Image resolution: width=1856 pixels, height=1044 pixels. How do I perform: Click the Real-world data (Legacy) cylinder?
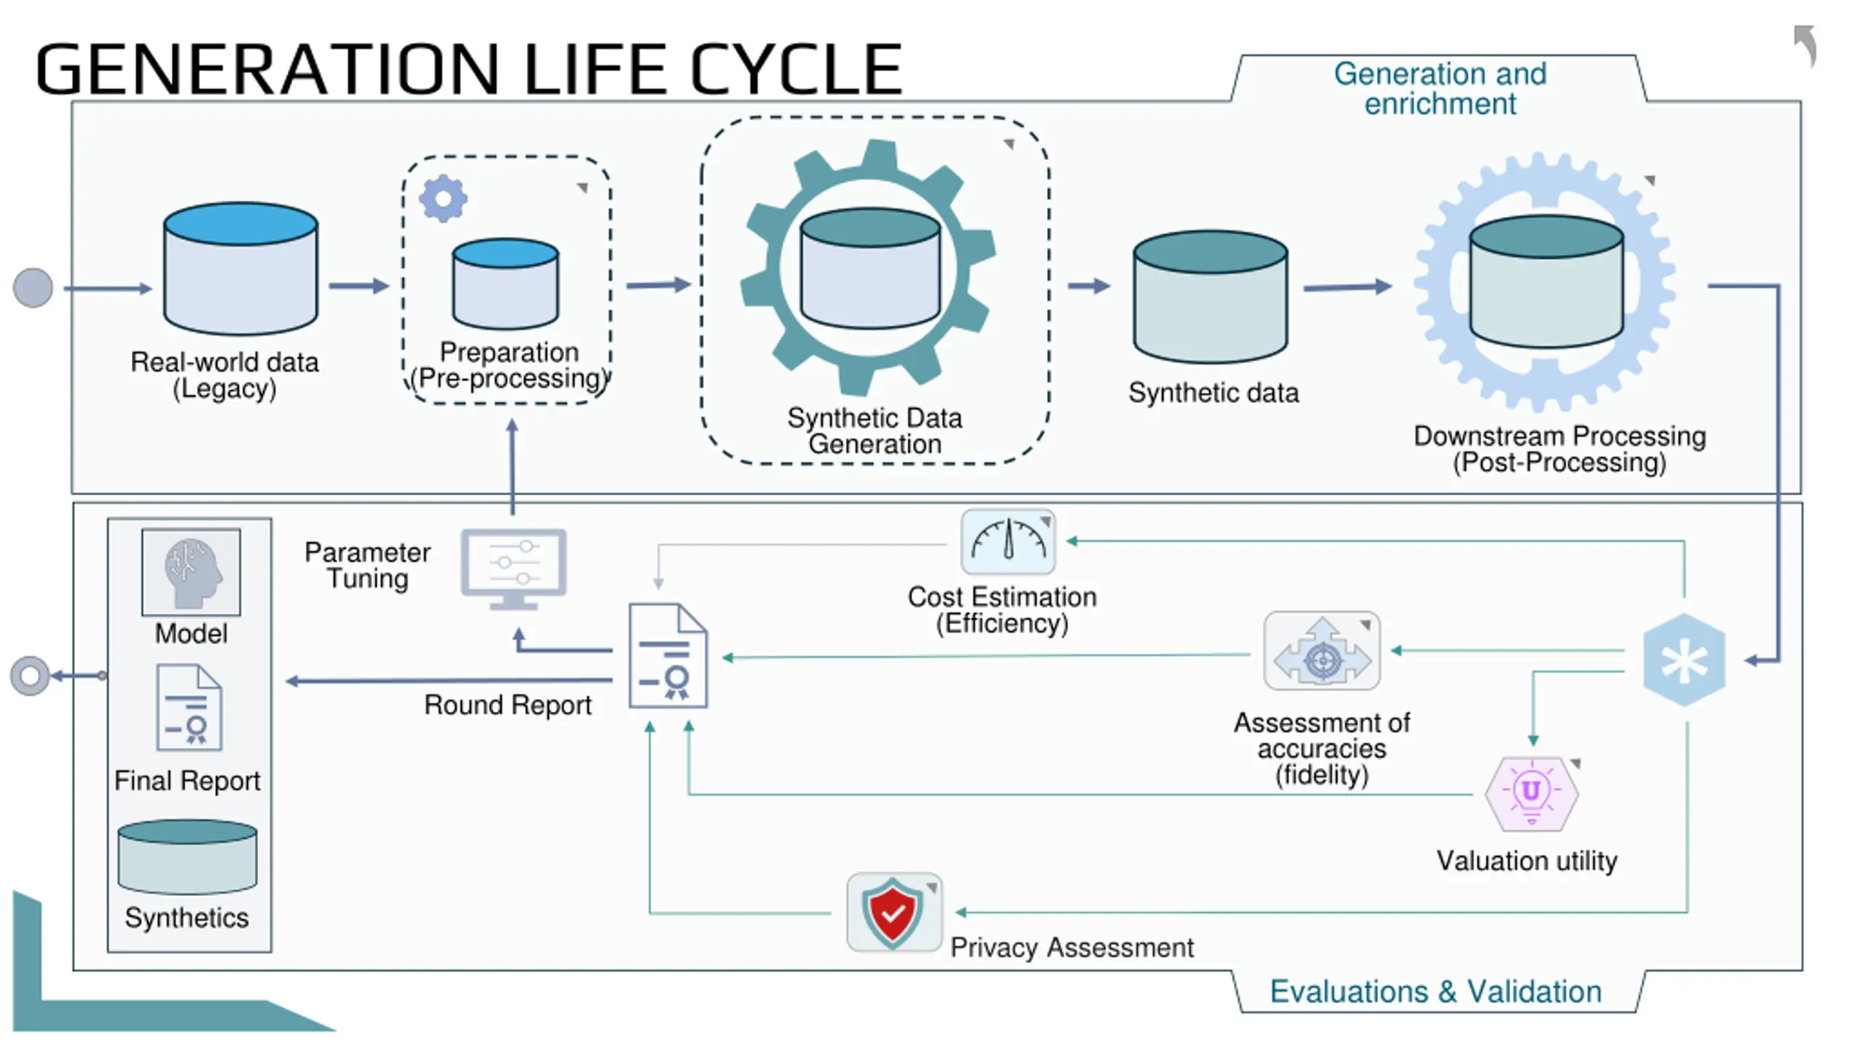[241, 268]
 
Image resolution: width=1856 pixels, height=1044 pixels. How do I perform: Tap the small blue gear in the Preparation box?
[443, 199]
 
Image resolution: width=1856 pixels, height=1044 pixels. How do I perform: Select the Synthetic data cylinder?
[1210, 297]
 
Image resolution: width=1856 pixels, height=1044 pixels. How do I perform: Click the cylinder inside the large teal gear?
[870, 268]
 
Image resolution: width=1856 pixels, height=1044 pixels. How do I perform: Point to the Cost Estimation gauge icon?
[1008, 542]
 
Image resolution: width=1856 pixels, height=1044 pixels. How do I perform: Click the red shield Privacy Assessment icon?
[893, 912]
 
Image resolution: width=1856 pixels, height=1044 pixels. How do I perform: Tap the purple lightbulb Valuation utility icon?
[1531, 793]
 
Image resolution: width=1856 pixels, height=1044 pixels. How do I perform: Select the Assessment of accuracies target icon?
[1322, 651]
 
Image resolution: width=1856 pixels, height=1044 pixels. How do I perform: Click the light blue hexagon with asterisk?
[1683, 660]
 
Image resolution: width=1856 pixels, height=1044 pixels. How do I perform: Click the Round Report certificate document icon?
[668, 655]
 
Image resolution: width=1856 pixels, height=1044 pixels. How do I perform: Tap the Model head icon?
[191, 572]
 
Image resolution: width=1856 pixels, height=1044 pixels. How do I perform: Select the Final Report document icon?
[188, 708]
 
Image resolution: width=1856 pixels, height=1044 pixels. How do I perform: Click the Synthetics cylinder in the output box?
[187, 856]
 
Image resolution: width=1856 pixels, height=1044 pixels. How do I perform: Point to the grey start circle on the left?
[33, 288]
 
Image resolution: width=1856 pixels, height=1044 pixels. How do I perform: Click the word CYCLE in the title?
[795, 69]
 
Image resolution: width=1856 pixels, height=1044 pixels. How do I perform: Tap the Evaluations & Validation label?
[1435, 991]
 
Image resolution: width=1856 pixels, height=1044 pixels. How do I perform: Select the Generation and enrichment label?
[1440, 88]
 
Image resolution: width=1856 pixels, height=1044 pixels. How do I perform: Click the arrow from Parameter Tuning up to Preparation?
[512, 467]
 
